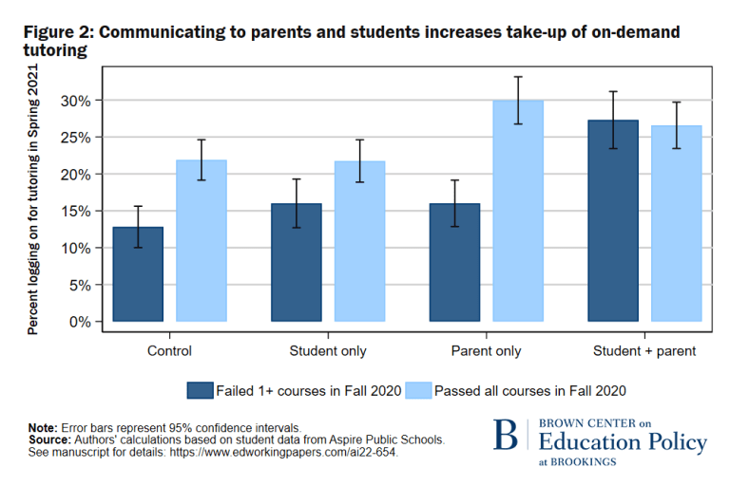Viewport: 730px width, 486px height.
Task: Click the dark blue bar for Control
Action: [138, 274]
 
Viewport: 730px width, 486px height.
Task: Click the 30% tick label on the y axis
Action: [77, 101]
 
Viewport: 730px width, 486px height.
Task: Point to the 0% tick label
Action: [81, 322]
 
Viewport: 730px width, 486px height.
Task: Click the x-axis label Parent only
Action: [486, 351]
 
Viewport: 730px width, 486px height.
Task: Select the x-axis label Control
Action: [169, 351]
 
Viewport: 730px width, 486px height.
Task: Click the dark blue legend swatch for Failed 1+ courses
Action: [200, 389]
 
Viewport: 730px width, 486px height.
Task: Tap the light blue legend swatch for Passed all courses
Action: [418, 389]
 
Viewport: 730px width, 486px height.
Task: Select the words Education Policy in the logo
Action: [622, 442]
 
